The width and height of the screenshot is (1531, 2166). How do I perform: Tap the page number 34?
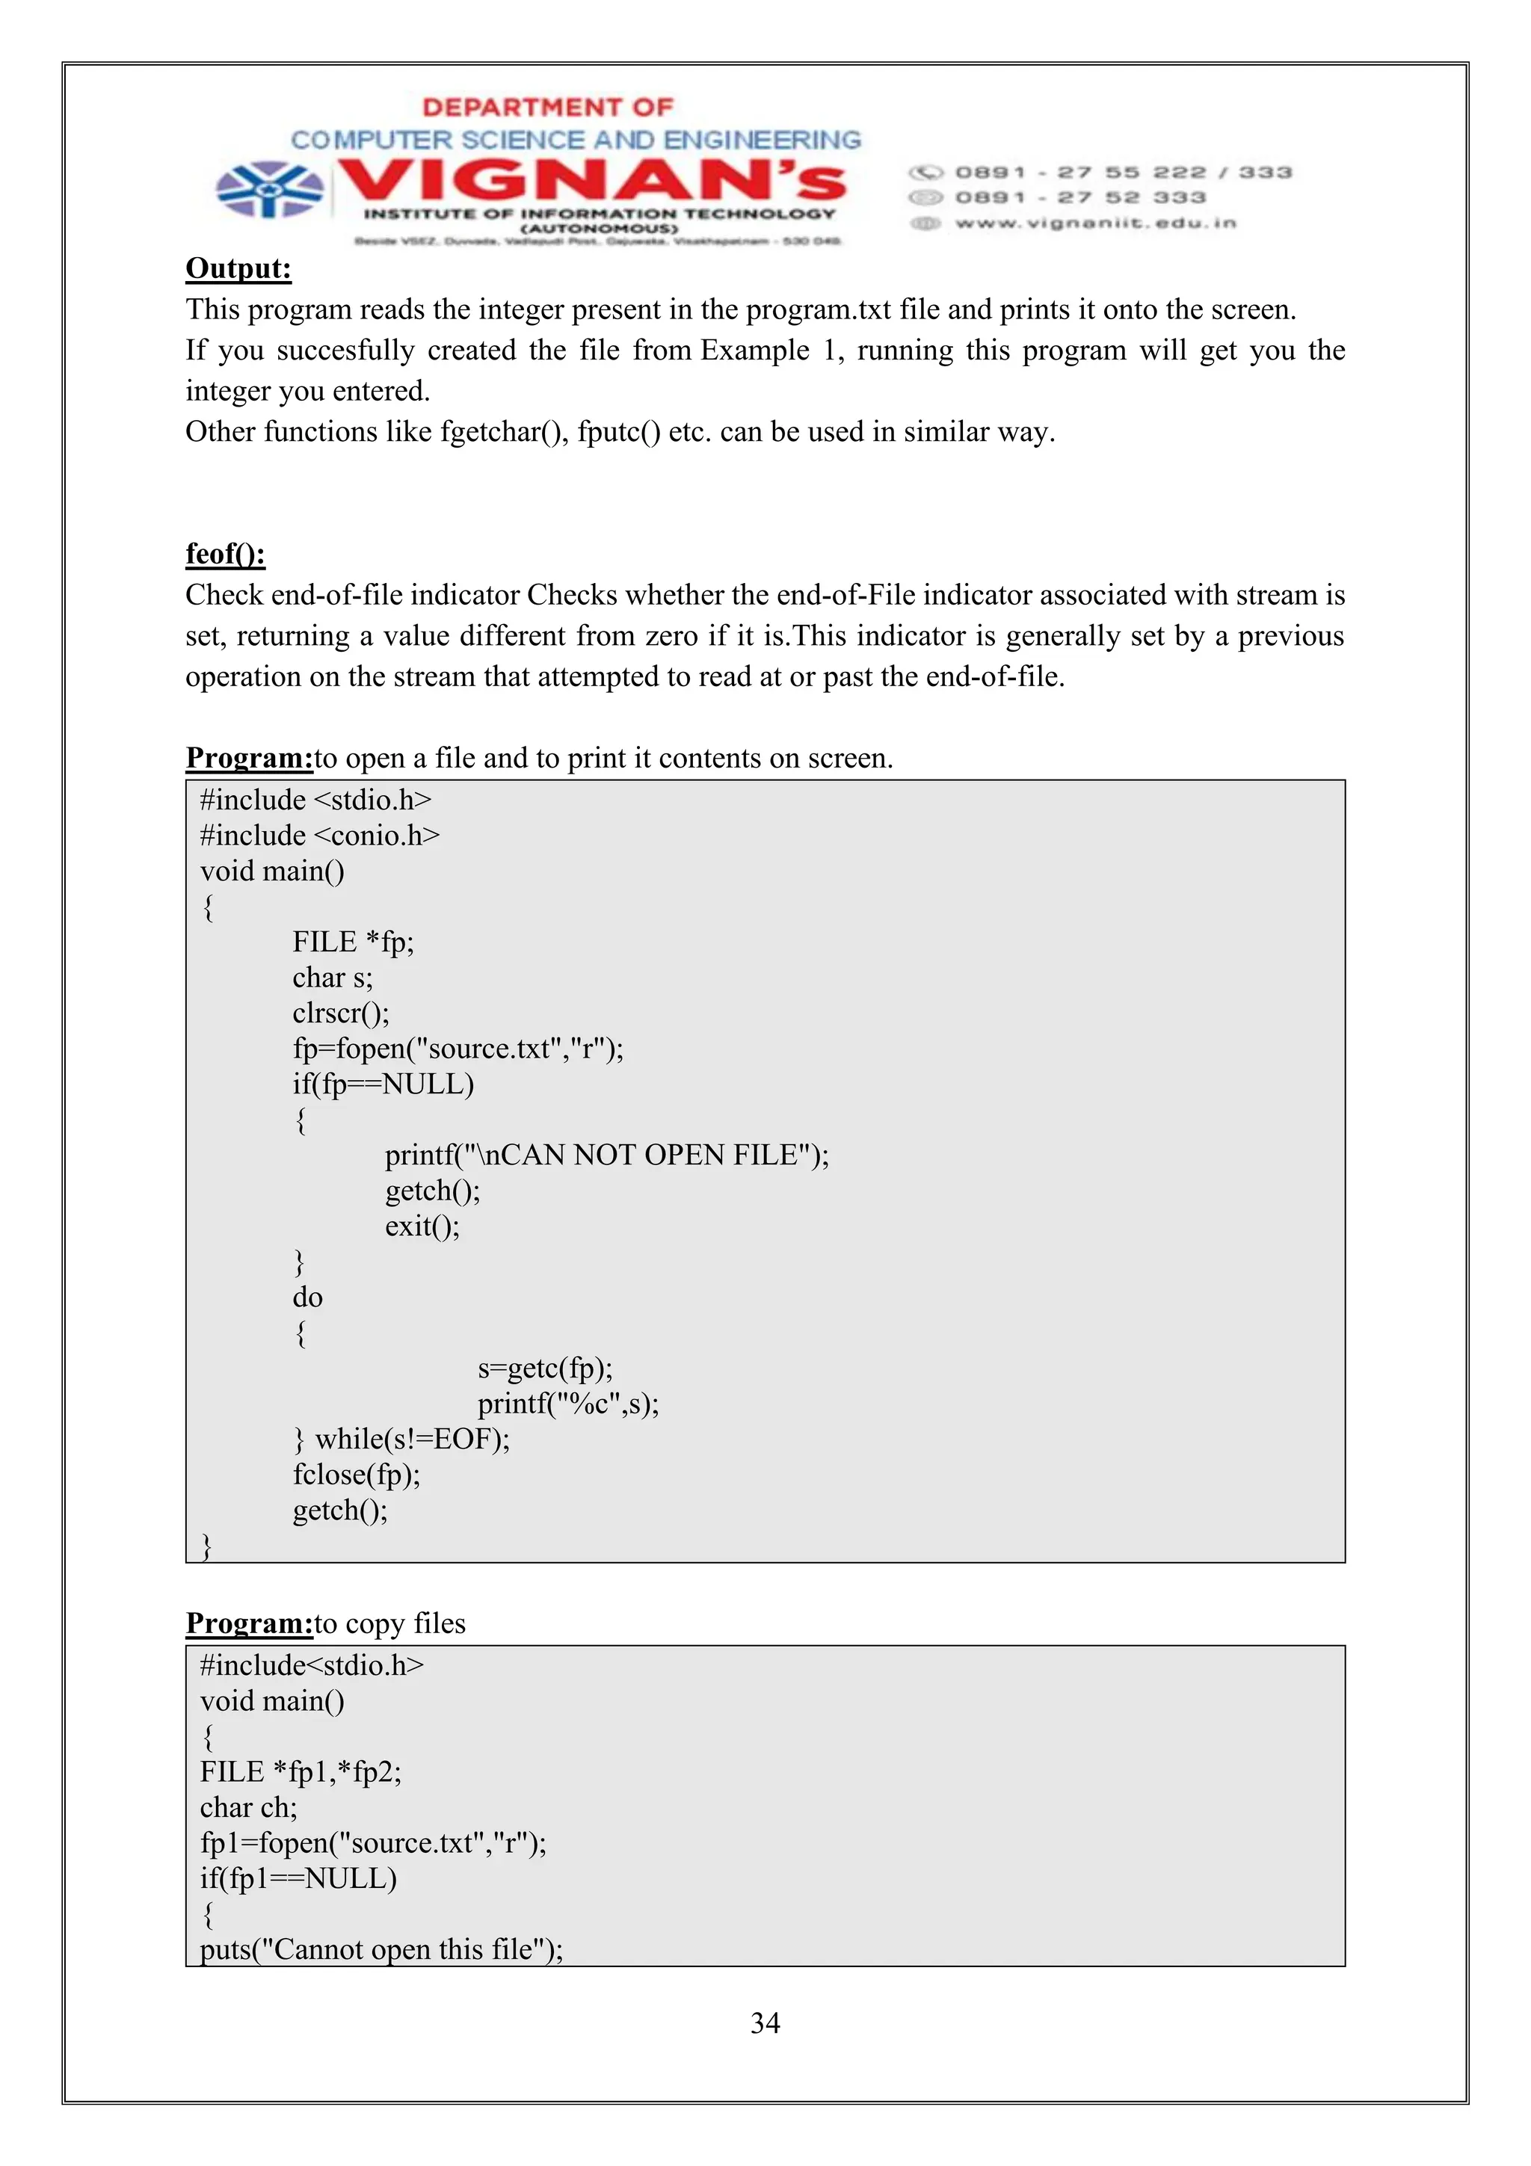[x=764, y=2022]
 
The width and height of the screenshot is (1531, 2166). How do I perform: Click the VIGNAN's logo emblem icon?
[x=269, y=190]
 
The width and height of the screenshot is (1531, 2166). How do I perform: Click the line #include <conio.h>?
[x=320, y=836]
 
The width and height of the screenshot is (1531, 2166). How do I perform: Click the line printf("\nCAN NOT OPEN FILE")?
[x=606, y=1155]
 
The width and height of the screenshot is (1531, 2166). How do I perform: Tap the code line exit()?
[x=422, y=1227]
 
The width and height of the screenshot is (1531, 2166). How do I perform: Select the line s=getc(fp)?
[x=544, y=1368]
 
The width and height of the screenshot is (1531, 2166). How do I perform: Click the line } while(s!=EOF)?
[x=402, y=1440]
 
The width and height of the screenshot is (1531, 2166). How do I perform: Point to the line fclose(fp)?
[x=357, y=1475]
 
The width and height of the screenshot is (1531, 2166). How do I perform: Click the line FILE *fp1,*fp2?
[x=300, y=1771]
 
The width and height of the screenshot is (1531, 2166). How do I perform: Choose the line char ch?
[x=248, y=1807]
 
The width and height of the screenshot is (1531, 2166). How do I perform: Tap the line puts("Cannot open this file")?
[x=381, y=1949]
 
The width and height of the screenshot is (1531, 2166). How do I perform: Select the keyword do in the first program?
[x=307, y=1298]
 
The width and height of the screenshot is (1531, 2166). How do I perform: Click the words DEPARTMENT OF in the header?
[x=547, y=108]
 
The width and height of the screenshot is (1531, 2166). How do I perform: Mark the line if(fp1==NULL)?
[x=298, y=1878]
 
